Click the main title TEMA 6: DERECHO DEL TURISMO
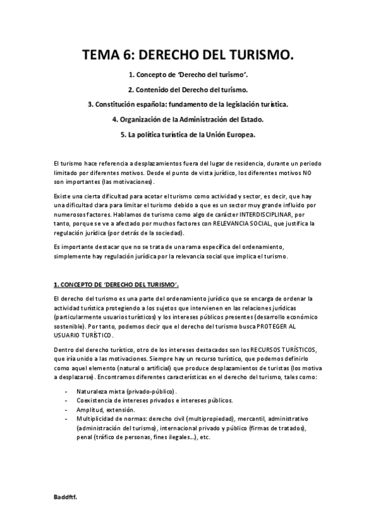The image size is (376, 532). (188, 58)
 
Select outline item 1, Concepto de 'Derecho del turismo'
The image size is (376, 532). (188, 75)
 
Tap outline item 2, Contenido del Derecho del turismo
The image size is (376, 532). (188, 90)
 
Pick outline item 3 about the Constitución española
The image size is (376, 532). (188, 104)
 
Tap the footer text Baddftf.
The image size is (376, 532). (65, 496)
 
